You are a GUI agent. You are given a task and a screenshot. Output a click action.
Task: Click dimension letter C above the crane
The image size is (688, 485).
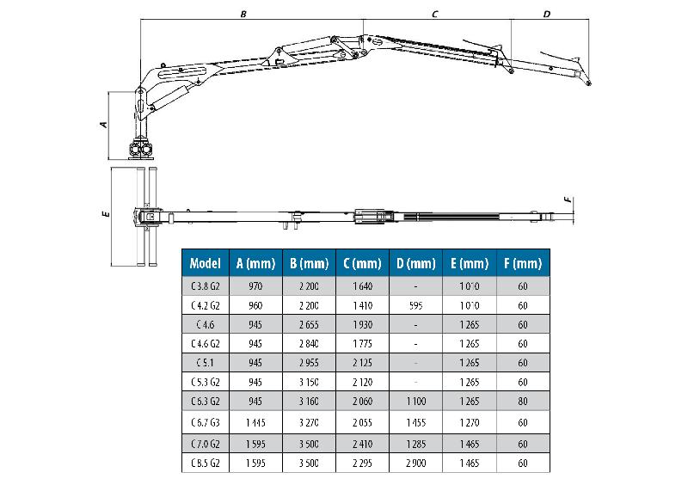(x=435, y=15)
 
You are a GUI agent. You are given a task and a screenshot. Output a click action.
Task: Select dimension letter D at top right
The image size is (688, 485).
(x=547, y=15)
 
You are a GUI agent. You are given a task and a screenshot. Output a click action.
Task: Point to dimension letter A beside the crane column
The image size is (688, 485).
(x=102, y=125)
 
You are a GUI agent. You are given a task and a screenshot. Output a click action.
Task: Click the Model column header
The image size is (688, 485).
(x=206, y=263)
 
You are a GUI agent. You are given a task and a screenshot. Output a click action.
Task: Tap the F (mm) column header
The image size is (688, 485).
(x=522, y=263)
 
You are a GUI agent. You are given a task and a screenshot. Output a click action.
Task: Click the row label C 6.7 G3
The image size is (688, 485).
(x=206, y=422)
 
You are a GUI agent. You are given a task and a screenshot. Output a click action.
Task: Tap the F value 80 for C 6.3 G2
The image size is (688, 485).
(x=522, y=400)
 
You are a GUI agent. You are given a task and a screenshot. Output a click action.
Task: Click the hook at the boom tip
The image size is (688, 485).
(x=588, y=83)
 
